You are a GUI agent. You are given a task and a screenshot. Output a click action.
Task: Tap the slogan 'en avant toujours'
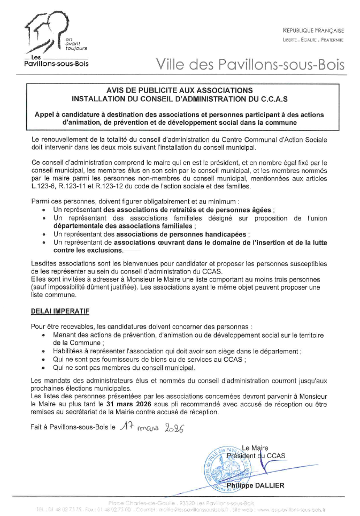pyautogui.click(x=75, y=43)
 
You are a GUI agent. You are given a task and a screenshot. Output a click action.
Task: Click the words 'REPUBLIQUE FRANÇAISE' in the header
pyautogui.click(x=313, y=31)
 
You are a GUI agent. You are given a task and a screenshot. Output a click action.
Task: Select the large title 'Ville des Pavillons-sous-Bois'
pyautogui.click(x=250, y=65)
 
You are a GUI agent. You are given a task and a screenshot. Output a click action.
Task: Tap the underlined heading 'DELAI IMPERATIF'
pyautogui.click(x=60, y=310)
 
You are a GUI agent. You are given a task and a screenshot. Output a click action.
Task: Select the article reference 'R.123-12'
pyautogui.click(x=110, y=186)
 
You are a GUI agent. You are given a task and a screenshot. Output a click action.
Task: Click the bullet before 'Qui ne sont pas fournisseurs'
pyautogui.click(x=43, y=360)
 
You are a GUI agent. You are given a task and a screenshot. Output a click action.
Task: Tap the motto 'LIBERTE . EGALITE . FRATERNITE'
pyautogui.click(x=313, y=40)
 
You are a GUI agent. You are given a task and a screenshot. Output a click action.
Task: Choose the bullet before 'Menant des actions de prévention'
pyautogui.click(x=43, y=335)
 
